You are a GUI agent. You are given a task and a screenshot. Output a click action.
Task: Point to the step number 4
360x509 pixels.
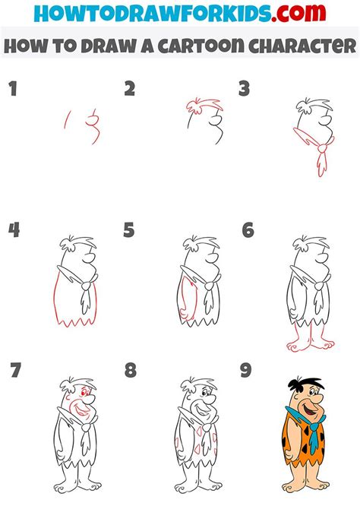pos(12,230)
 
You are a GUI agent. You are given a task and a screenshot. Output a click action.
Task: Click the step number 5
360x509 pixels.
pos(130,230)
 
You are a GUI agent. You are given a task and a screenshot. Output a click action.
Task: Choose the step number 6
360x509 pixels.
pos(248,230)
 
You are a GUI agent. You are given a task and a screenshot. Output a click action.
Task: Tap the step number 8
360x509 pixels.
pos(130,371)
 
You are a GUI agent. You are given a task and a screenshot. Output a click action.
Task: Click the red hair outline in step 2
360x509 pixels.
pos(200,105)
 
